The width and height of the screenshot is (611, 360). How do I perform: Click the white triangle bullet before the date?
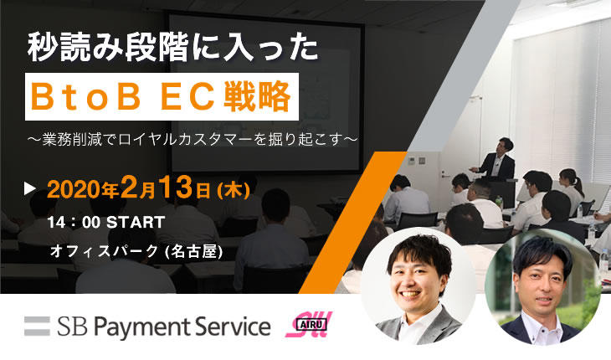coord(29,188)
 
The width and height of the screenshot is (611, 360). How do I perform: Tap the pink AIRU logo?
coord(309,324)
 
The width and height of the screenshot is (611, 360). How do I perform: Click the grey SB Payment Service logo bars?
coord(37,327)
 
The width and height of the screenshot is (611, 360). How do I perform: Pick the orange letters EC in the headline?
coord(187,97)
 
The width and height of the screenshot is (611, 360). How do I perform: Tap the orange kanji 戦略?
coord(257,97)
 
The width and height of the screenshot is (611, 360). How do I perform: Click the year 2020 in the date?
coord(74,190)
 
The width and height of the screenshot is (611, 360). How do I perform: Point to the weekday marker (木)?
coord(234,191)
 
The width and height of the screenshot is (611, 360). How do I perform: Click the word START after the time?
coord(136,223)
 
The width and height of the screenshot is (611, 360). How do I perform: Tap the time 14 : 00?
coord(74,223)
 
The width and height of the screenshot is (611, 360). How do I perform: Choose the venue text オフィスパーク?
coord(104,251)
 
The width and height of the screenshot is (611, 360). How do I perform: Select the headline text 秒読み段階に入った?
coord(172,49)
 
